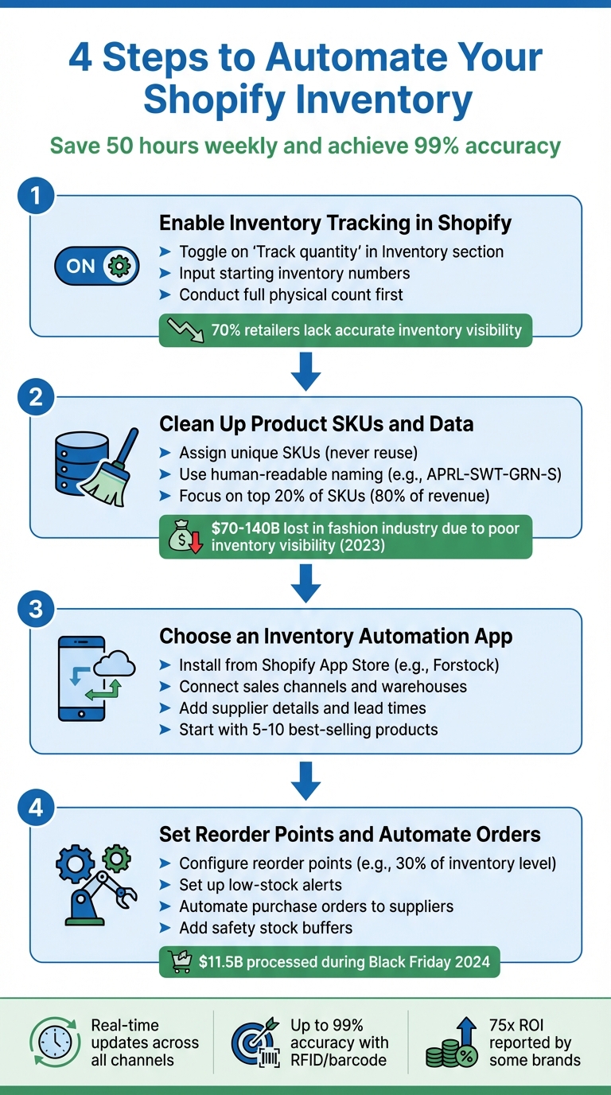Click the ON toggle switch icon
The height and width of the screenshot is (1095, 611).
(96, 266)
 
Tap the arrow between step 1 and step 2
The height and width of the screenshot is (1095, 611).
(305, 371)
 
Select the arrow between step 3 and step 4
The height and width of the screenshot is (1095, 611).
(305, 781)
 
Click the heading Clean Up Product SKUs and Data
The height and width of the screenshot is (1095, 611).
(316, 424)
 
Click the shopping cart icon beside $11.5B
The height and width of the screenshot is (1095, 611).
(181, 962)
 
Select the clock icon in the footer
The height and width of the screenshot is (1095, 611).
(55, 1042)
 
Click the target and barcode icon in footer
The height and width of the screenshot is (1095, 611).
(255, 1042)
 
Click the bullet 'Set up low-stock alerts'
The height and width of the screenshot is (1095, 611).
(260, 885)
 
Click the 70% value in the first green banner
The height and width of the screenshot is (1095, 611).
(227, 330)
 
